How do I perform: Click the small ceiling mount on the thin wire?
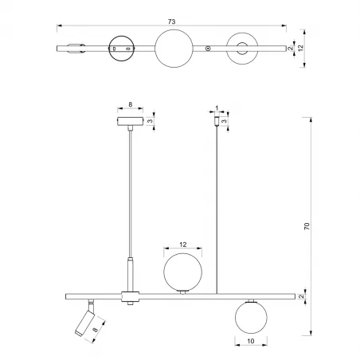pos(216,123)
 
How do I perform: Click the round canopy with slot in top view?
pos(123,49)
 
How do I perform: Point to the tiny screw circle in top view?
pos(209,49)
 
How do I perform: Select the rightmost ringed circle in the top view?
pos(242,49)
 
